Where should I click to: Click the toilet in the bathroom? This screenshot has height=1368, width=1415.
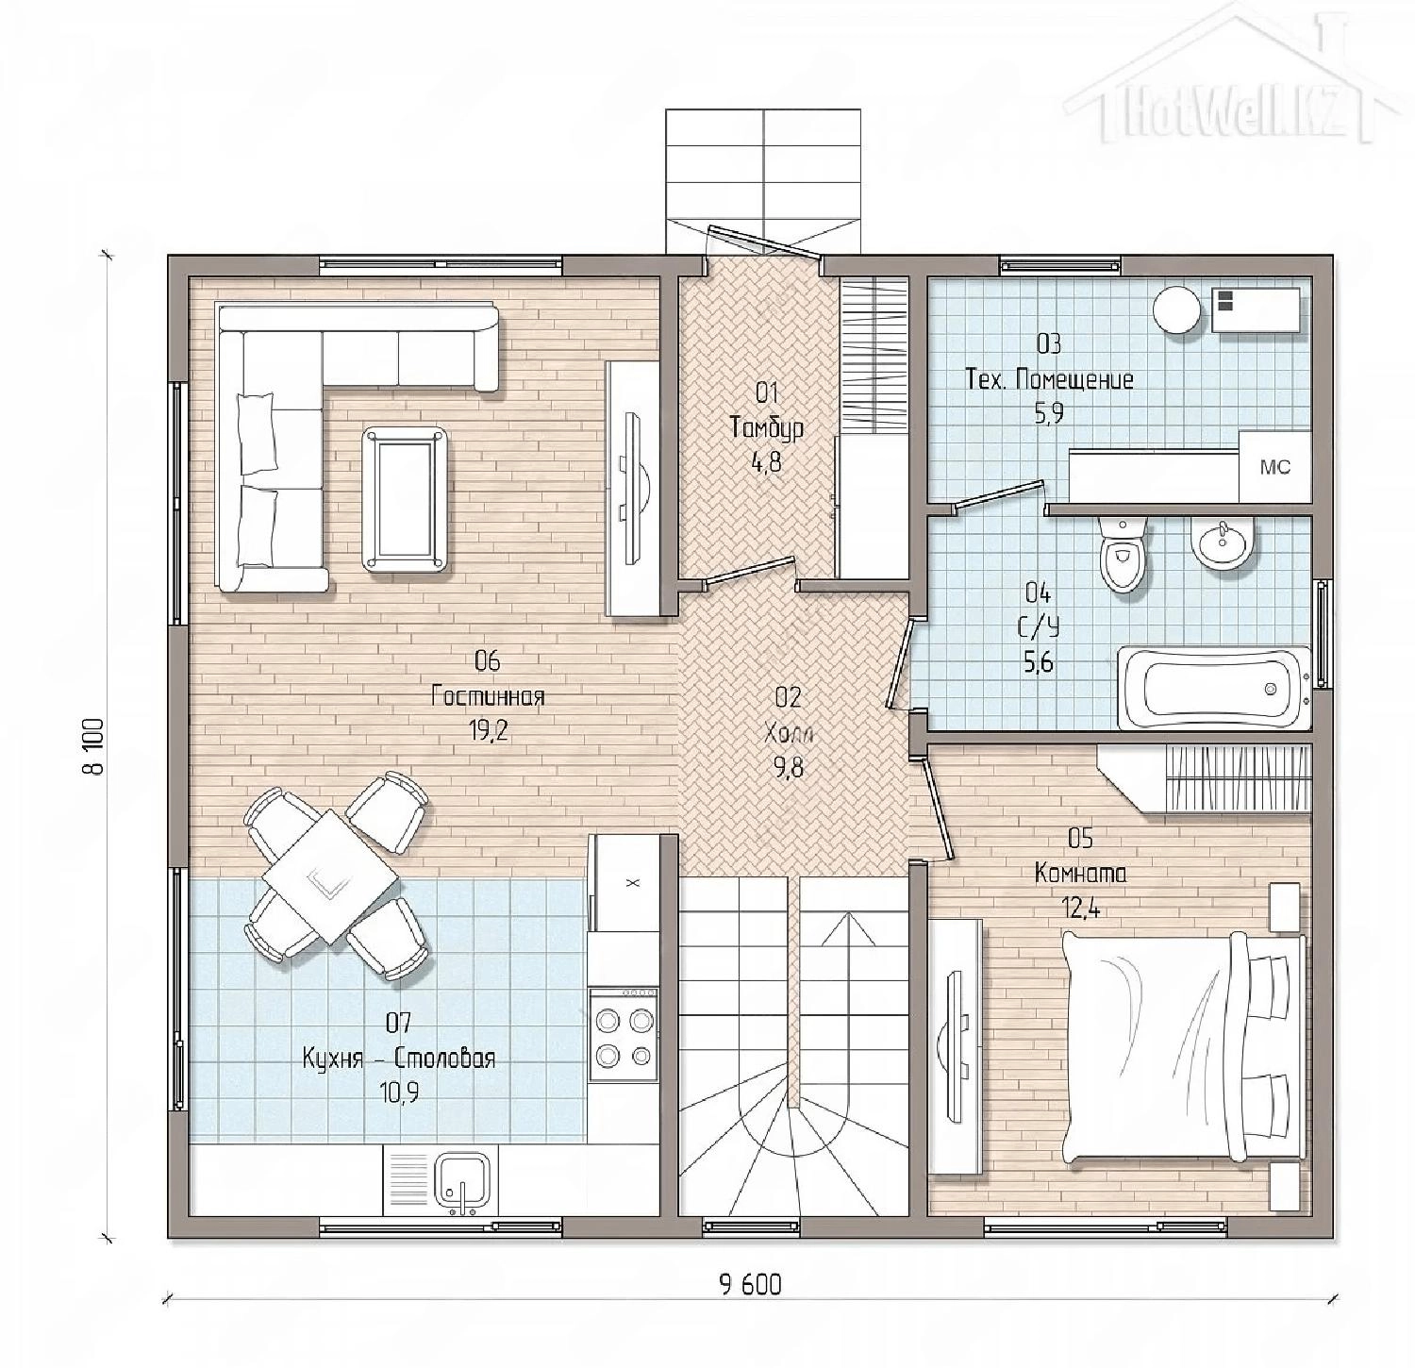coord(1124,555)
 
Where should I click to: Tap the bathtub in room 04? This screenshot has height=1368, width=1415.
coord(1214,688)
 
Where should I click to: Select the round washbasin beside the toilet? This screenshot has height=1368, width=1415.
coord(1224,545)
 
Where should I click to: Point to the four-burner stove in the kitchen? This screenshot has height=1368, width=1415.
coord(623,1034)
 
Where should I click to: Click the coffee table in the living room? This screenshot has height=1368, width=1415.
coord(406,498)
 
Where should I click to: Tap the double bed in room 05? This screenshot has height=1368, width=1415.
coord(1184,1045)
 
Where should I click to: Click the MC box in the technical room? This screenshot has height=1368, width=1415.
coord(1274,467)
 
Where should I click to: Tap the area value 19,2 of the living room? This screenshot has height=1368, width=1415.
coord(489,731)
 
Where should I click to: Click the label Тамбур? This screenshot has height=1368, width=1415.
coord(767,427)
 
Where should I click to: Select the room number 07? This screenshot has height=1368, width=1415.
coord(398,1023)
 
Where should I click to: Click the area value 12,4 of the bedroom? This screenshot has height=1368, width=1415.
coord(1081,909)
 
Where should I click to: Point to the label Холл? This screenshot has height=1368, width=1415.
coord(789,733)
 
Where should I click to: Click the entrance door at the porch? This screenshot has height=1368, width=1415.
coord(762,240)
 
